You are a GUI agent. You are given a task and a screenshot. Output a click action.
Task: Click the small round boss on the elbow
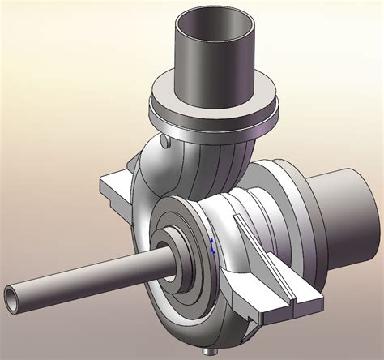(166, 144)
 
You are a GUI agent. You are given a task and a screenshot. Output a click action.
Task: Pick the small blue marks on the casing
(211, 246)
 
